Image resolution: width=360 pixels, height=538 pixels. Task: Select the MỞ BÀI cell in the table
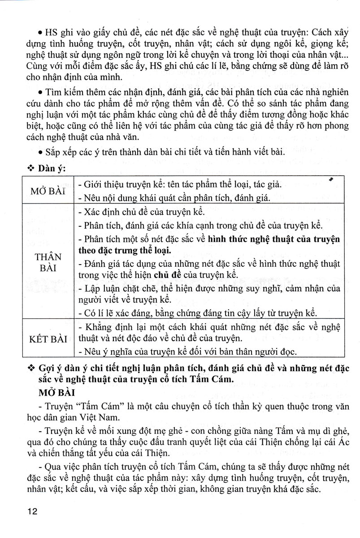(x=44, y=191)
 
